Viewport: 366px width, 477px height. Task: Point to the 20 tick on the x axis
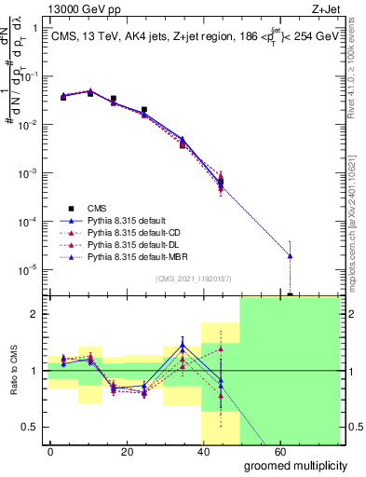point(113,450)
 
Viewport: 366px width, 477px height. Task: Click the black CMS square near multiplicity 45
point(221,183)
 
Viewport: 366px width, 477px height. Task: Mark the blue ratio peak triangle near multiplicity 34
point(183,346)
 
